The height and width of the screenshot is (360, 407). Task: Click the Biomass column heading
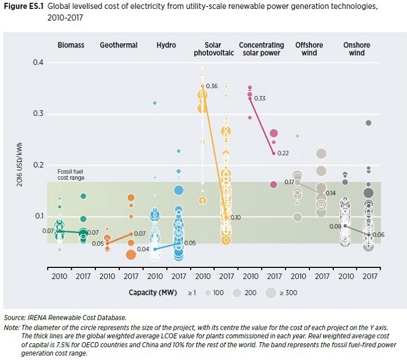71,45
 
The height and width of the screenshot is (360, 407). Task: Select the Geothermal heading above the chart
118,45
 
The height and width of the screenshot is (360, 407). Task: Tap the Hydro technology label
166,45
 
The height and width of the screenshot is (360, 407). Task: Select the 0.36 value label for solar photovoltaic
211,87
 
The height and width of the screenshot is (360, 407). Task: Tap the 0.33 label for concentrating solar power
260,99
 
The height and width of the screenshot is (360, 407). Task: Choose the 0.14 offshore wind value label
331,193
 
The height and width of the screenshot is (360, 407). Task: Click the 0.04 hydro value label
142,249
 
